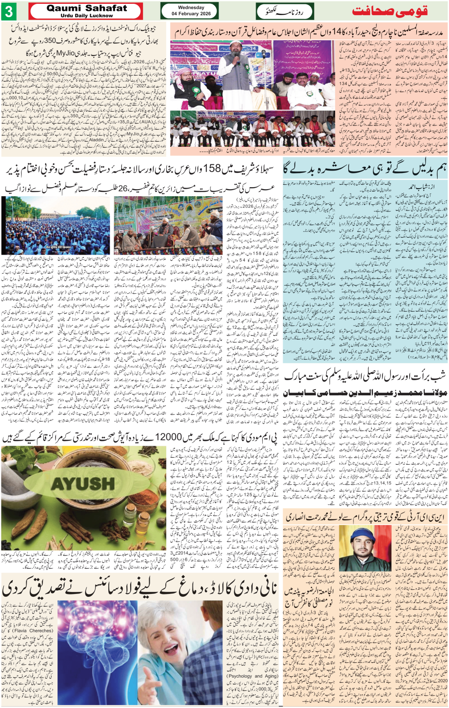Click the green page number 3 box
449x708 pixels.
pos(9,11)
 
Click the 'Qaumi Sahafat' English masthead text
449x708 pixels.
pos(86,8)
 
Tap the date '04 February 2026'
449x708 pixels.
pos(191,14)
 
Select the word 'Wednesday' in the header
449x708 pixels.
pos(191,8)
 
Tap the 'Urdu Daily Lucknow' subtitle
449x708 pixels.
pos(86,16)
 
